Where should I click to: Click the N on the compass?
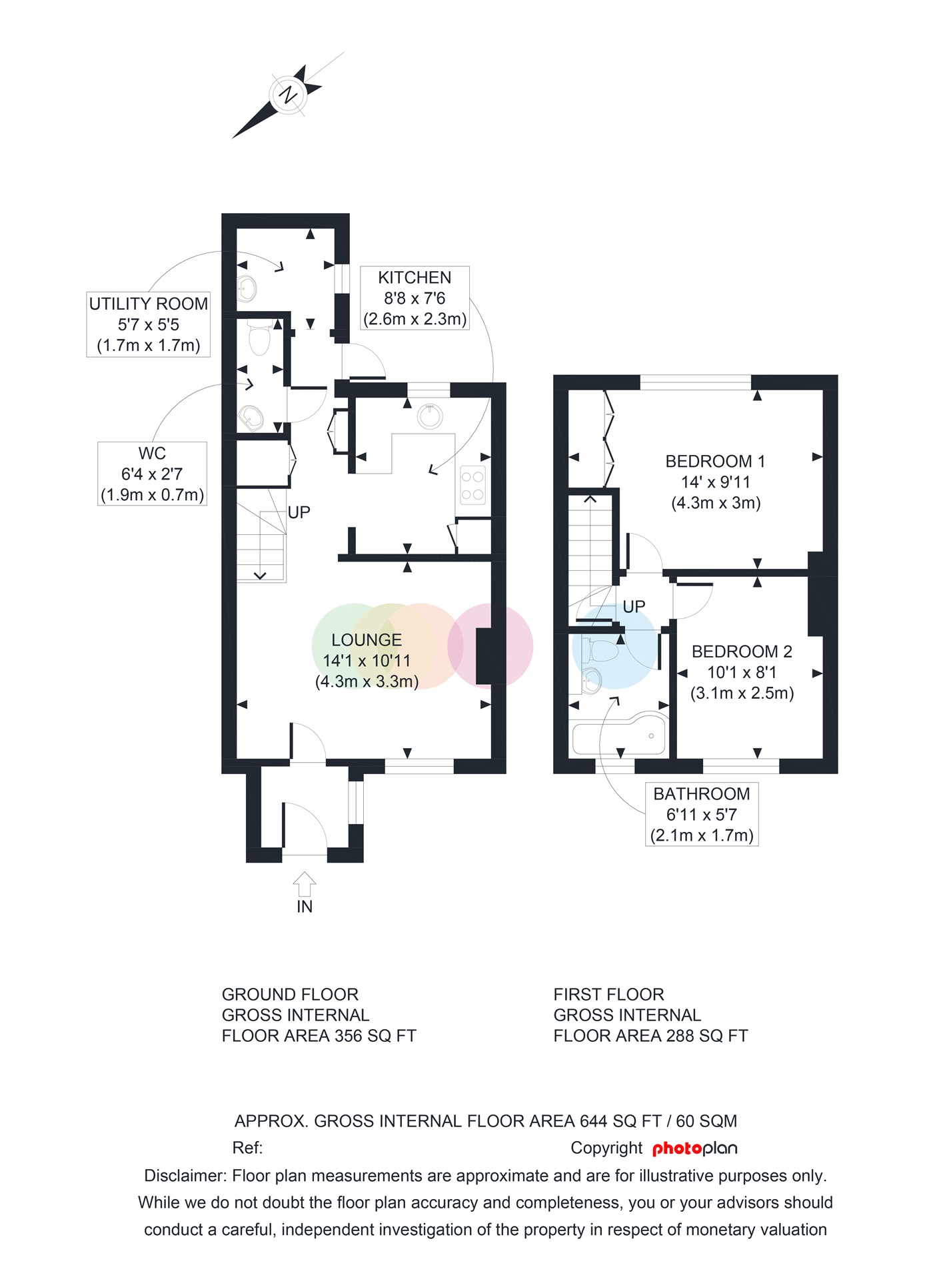pyautogui.click(x=288, y=95)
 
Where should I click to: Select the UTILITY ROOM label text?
pyautogui.click(x=149, y=304)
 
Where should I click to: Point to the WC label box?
pyautogui.click(x=152, y=474)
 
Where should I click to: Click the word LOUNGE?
pyautogui.click(x=367, y=640)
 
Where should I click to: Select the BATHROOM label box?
pyautogui.click(x=702, y=814)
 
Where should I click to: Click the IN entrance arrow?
pyautogui.click(x=305, y=884)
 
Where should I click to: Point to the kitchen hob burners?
pyautogui.click(x=472, y=486)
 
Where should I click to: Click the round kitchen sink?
pyautogui.click(x=430, y=416)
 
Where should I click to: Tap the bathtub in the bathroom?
pyautogui.click(x=619, y=734)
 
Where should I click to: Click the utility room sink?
pyautogui.click(x=247, y=289)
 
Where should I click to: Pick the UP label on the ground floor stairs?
pyautogui.click(x=299, y=512)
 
